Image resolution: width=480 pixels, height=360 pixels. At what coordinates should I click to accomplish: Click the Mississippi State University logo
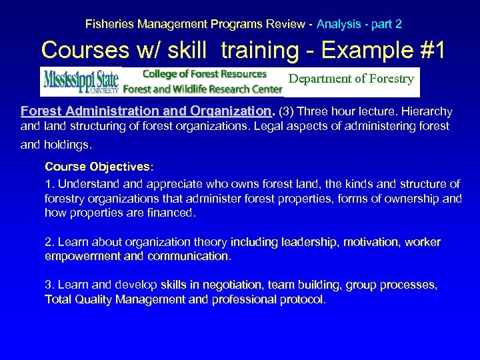coord(80,81)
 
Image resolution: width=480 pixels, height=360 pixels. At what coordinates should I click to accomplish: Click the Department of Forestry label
coord(351,79)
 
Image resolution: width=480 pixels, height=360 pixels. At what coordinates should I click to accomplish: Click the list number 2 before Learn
coord(48,242)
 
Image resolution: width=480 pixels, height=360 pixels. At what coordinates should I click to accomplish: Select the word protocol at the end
coord(302,299)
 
